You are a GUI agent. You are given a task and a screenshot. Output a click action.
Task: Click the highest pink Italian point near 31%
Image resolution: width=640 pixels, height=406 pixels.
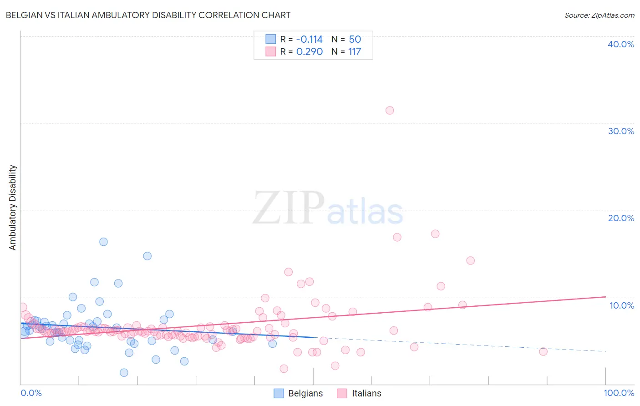pyautogui.click(x=390, y=110)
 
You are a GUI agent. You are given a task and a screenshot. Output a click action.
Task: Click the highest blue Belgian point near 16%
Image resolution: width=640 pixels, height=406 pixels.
pyautogui.click(x=103, y=242)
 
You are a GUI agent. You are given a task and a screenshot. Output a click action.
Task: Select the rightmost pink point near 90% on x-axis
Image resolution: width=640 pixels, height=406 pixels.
pyautogui.click(x=543, y=351)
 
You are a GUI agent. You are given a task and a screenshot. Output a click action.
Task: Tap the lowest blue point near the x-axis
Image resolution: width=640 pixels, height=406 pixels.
pyautogui.click(x=124, y=373)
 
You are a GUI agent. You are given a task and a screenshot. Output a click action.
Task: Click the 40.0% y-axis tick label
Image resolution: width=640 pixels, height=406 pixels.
pyautogui.click(x=621, y=44)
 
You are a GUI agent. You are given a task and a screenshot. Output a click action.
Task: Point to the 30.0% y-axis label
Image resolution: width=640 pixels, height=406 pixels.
pyautogui.click(x=621, y=131)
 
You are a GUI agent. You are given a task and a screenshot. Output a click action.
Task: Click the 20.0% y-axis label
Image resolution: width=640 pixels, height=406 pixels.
pyautogui.click(x=621, y=218)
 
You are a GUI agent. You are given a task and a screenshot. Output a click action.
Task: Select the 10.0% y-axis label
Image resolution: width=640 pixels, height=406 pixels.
pyautogui.click(x=622, y=305)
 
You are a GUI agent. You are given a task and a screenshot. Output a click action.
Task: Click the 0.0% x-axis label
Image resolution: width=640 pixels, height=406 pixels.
pyautogui.click(x=31, y=393)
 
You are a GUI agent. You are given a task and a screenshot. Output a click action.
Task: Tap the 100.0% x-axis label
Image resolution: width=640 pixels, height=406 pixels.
pyautogui.click(x=619, y=393)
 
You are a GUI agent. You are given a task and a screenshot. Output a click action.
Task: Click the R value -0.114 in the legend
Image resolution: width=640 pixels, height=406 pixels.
pyautogui.click(x=309, y=39)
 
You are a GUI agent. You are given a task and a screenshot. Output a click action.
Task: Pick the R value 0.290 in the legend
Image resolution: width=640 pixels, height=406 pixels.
pyautogui.click(x=310, y=52)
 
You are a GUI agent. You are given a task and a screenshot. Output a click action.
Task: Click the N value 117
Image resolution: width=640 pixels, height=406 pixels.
pyautogui.click(x=355, y=52)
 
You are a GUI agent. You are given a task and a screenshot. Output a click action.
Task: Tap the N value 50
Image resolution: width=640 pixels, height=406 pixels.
pyautogui.click(x=355, y=39)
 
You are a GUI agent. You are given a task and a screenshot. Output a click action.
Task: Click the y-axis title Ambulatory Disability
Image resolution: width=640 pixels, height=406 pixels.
pyautogui.click(x=13, y=208)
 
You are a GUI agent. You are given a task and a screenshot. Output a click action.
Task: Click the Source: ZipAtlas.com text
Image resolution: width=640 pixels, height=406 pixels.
pyautogui.click(x=599, y=15)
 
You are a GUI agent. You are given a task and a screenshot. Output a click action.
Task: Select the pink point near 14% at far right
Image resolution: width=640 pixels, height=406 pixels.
pyautogui.click(x=471, y=260)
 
